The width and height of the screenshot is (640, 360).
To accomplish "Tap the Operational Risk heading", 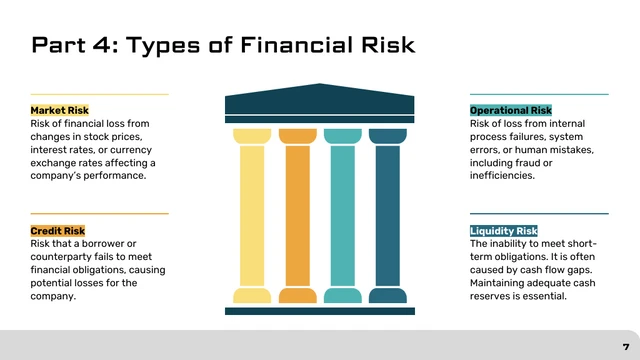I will pyautogui.click(x=510, y=110).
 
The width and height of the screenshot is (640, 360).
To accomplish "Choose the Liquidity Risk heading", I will pyautogui.click(x=504, y=231).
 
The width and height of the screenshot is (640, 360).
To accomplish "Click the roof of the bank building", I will pyautogui.click(x=319, y=100).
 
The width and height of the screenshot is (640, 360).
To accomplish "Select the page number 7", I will pyautogui.click(x=625, y=345).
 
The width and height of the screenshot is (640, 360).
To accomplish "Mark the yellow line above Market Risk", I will pyautogui.click(x=99, y=94).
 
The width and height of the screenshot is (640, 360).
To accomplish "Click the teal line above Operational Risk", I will pyautogui.click(x=539, y=94).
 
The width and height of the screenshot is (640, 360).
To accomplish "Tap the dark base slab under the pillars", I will pyautogui.click(x=319, y=311).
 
